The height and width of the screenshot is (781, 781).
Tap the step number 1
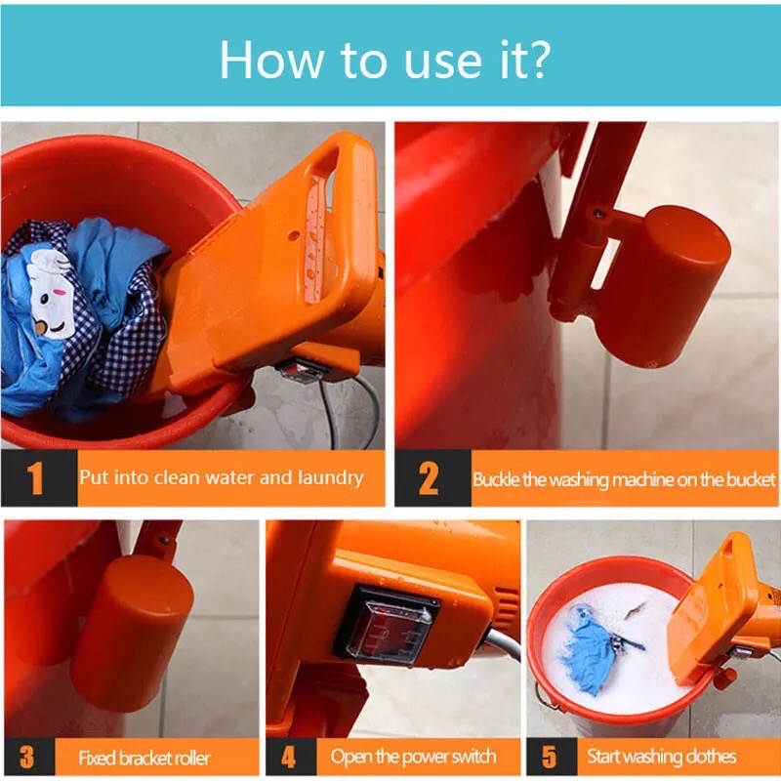35,478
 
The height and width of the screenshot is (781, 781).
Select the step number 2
429,478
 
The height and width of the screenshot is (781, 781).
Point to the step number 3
27,757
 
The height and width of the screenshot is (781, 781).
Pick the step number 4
288,757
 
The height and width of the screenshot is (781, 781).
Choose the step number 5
549,757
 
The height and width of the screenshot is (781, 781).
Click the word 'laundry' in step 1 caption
330,478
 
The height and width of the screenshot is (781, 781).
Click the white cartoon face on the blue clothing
51,295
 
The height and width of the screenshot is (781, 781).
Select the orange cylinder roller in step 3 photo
131,633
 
